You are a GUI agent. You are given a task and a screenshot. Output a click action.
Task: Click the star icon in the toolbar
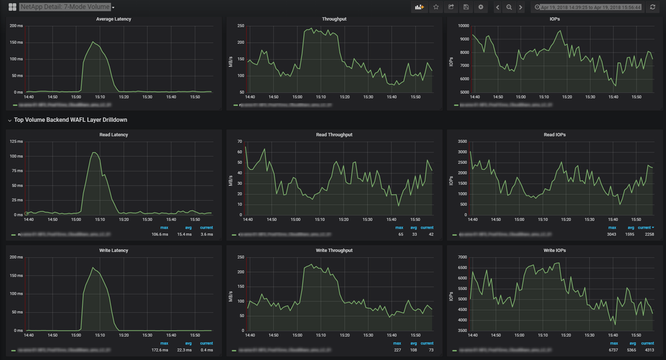click(x=436, y=7)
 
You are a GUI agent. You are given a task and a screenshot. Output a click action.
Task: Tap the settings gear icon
click(x=481, y=7)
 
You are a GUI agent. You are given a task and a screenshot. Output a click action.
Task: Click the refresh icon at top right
click(x=653, y=7)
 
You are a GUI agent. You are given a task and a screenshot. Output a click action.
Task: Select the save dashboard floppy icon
click(x=466, y=7)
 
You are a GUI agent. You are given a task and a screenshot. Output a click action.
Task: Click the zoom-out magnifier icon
click(x=509, y=7)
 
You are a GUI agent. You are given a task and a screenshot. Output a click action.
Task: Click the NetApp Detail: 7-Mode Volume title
click(x=65, y=7)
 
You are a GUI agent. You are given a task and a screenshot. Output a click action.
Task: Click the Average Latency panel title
click(x=113, y=19)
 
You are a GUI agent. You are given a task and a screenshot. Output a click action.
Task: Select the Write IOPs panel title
click(x=554, y=251)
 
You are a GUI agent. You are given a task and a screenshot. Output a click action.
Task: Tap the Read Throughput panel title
click(x=334, y=135)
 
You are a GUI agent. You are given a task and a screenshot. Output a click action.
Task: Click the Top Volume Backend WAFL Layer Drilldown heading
click(x=71, y=120)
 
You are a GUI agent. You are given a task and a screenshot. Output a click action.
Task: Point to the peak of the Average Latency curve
click(x=94, y=43)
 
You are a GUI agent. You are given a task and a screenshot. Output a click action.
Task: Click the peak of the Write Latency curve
click(x=93, y=268)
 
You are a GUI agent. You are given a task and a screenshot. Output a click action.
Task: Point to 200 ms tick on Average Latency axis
click(x=16, y=26)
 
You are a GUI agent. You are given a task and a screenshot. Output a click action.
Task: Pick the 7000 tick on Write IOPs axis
click(x=464, y=257)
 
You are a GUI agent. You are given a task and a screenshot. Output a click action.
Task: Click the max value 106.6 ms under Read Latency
click(x=160, y=235)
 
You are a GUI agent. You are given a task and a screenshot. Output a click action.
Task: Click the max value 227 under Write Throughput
click(x=397, y=350)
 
